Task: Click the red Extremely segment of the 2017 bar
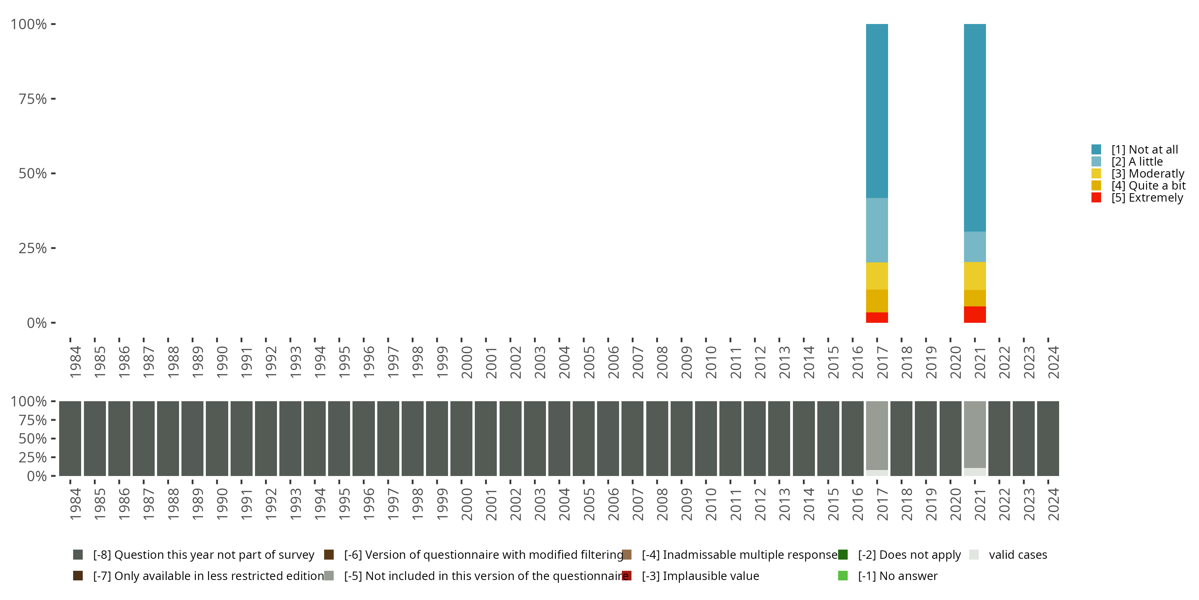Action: pyautogui.click(x=876, y=317)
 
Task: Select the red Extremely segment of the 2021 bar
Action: pyautogui.click(x=975, y=314)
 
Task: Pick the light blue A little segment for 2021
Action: pyautogui.click(x=975, y=246)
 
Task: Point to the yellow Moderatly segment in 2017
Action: pyautogui.click(x=876, y=276)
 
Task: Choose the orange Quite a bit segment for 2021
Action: pyautogui.click(x=975, y=298)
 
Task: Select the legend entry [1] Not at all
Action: pyautogui.click(x=1145, y=150)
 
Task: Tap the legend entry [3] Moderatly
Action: pyautogui.click(x=1147, y=174)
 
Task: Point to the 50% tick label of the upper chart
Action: pyautogui.click(x=33, y=174)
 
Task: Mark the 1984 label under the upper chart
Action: pyautogui.click(x=75, y=362)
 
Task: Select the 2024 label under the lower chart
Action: pyautogui.click(x=1053, y=504)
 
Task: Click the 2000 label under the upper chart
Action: pyautogui.click(x=466, y=362)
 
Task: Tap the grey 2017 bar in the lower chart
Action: pyautogui.click(x=876, y=436)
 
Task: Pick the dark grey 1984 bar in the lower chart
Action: pyautogui.click(x=70, y=438)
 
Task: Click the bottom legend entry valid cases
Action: pyautogui.click(x=1018, y=555)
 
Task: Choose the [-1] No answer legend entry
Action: pyautogui.click(x=897, y=576)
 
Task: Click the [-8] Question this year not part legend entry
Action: pyautogui.click(x=203, y=555)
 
